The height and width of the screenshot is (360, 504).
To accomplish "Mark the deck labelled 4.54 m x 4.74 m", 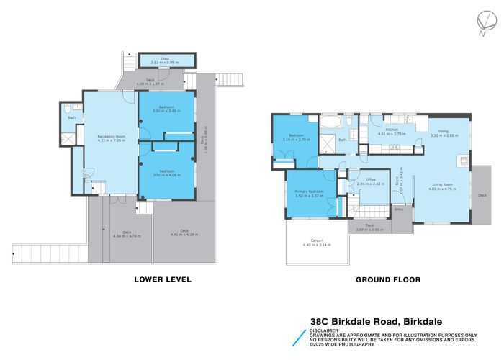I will point(127,233).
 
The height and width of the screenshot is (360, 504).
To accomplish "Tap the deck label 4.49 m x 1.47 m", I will point(150,81).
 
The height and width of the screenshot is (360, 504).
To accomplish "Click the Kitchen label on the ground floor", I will point(392,130).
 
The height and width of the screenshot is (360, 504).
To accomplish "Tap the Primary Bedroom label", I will point(308,193).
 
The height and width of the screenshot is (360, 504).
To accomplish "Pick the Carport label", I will point(317,242).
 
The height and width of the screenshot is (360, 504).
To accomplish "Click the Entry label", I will point(398,210).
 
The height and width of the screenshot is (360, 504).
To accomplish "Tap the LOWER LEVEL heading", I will point(163,279).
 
